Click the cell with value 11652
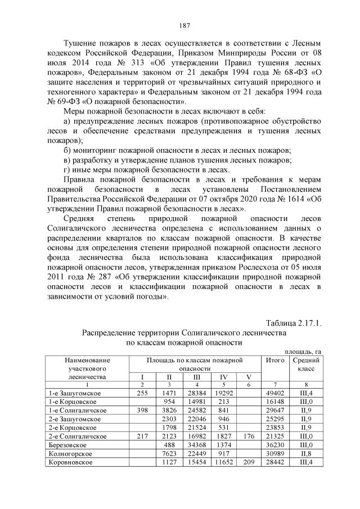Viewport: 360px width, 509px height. point(223,462)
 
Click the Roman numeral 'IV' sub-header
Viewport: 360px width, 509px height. point(223,377)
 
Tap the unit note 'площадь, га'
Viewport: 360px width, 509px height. point(303,351)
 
